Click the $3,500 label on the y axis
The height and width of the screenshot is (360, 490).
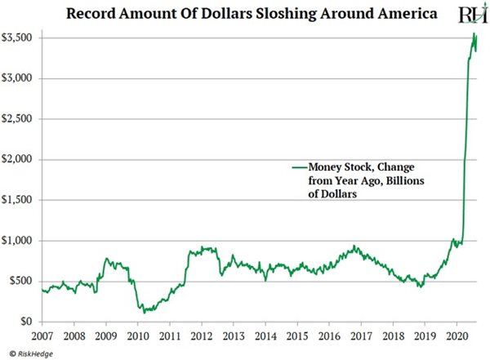tap(18, 38)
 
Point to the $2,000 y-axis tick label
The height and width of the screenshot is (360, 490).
tap(18, 159)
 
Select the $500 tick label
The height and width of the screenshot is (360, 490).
tap(22, 281)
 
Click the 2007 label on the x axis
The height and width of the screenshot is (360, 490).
tap(42, 336)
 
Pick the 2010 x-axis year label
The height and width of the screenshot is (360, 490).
tap(138, 336)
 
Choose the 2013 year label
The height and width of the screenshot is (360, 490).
tap(234, 336)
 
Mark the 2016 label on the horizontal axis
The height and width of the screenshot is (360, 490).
tap(330, 336)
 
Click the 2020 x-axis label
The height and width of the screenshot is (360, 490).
tap(457, 336)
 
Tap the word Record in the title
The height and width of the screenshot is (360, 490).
tap(92, 13)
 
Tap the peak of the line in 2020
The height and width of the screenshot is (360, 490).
tap(475, 33)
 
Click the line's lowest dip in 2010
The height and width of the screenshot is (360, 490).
tap(144, 313)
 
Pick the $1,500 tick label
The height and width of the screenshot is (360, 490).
tap(18, 200)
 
